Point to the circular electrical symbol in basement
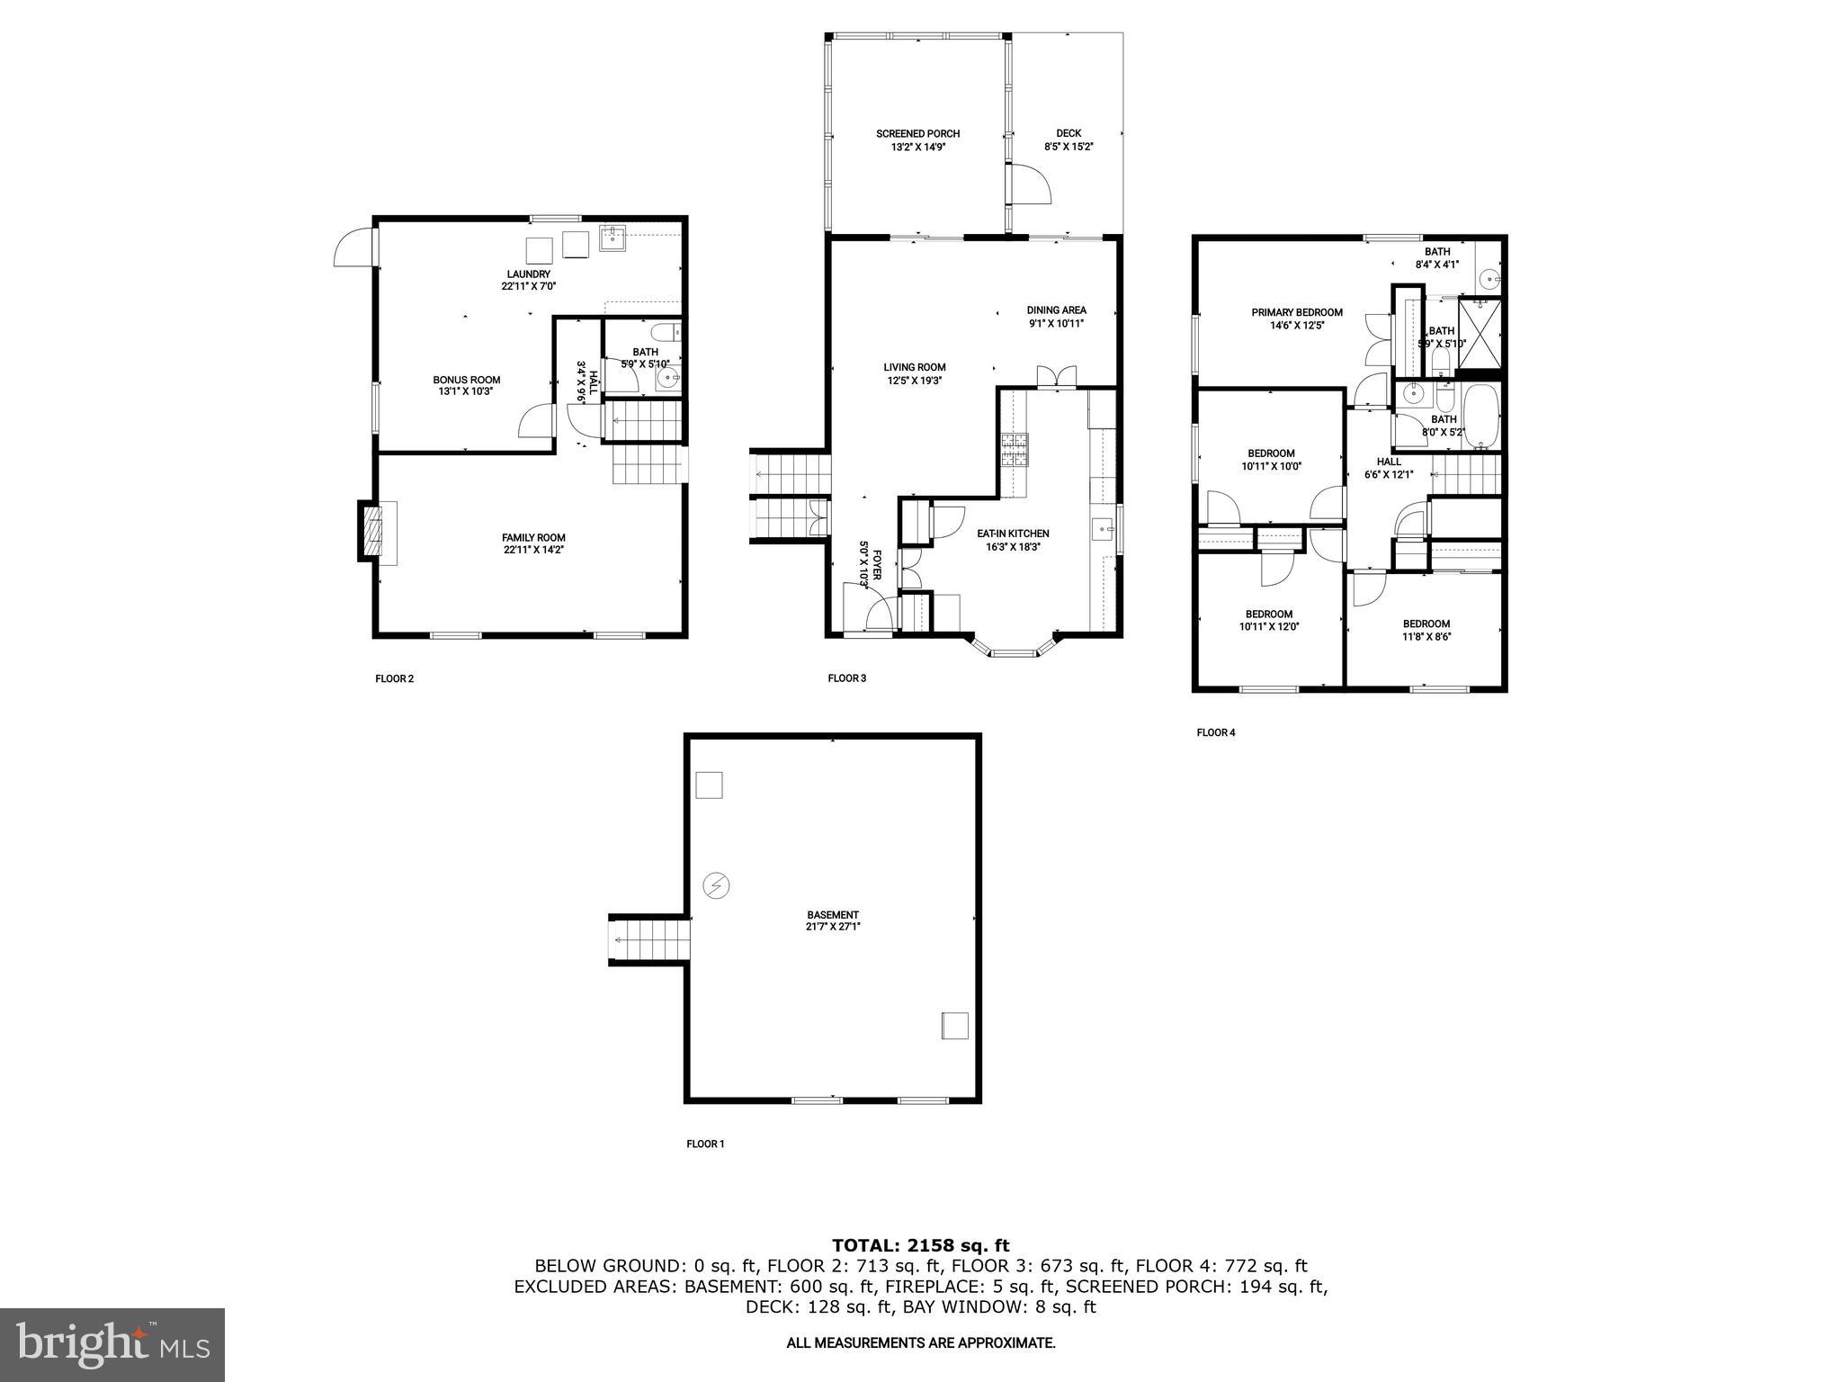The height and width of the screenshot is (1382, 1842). click(x=717, y=886)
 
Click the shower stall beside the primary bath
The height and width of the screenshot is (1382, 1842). click(x=1480, y=333)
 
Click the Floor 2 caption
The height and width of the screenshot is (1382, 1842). click(x=394, y=678)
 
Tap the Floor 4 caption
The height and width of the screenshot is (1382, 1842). click(x=1215, y=732)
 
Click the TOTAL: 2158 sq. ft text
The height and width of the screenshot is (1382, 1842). click(x=920, y=1245)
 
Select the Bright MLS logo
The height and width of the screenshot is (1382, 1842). click(x=112, y=1344)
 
